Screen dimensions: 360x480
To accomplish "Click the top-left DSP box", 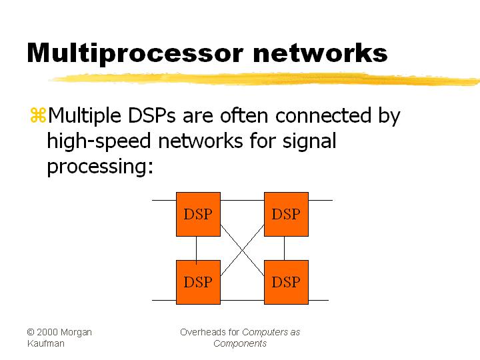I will (x=198, y=214).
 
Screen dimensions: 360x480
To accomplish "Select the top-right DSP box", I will (x=286, y=214).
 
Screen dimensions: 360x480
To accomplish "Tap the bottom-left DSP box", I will (x=198, y=282).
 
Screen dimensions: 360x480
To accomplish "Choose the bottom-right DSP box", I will (x=286, y=282).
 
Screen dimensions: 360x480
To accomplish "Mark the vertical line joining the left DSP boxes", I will (x=197, y=248).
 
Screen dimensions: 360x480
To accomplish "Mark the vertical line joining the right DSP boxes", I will (x=285, y=248).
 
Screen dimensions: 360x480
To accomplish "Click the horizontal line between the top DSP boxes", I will (x=242, y=199).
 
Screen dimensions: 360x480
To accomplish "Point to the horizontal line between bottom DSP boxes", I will (x=242, y=300).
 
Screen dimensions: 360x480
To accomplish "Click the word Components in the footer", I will (x=240, y=343).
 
